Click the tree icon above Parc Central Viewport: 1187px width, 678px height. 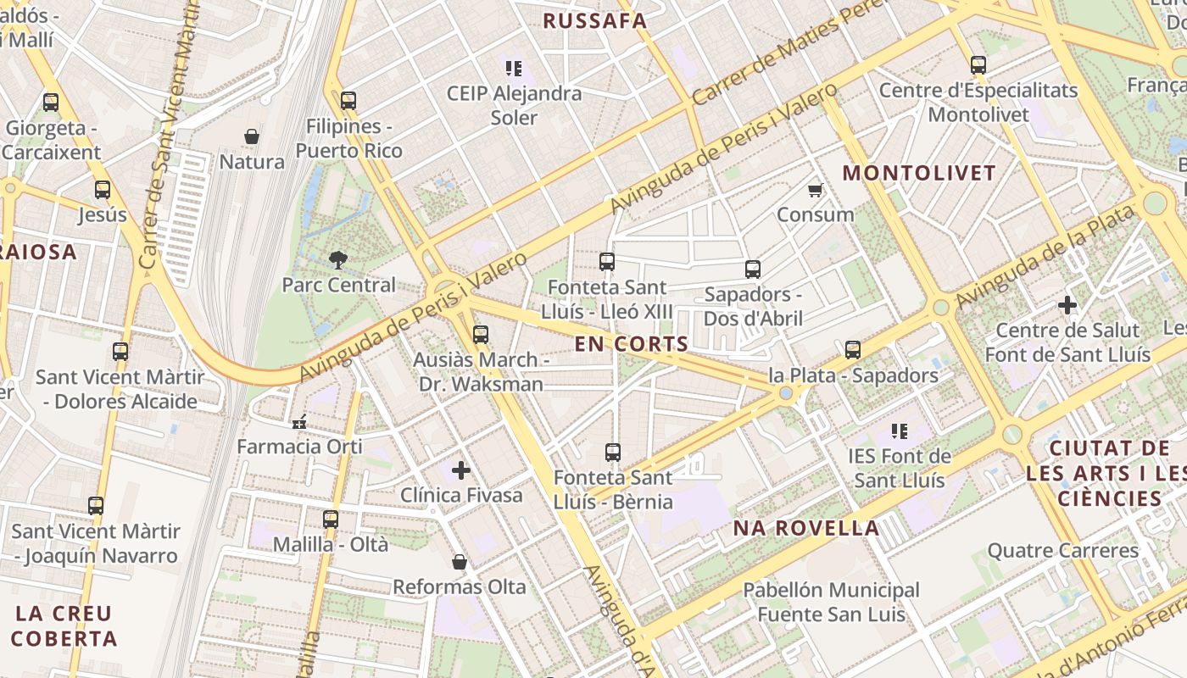click(338, 259)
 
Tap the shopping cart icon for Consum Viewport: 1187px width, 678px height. click(815, 190)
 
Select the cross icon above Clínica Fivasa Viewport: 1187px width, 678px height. click(461, 470)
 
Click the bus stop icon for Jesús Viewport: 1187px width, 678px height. click(103, 190)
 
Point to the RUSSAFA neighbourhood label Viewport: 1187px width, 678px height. click(594, 21)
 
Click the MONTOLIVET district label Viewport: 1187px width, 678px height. click(919, 173)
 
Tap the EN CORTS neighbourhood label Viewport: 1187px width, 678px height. click(631, 344)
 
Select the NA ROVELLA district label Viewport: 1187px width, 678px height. click(806, 528)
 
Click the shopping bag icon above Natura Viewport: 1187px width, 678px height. click(252, 136)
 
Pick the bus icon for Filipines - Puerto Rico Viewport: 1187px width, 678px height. click(348, 101)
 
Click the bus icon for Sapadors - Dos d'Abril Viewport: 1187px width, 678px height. click(753, 270)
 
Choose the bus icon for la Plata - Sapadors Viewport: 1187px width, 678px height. click(853, 350)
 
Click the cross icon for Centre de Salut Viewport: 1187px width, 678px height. click(1067, 305)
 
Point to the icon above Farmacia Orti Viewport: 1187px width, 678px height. click(299, 422)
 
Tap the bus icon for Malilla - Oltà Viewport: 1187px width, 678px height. click(331, 520)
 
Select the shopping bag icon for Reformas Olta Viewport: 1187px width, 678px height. click(460, 562)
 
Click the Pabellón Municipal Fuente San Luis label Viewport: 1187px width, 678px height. click(831, 602)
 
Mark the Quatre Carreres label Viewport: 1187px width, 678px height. click(1063, 551)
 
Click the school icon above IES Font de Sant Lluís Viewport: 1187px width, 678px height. click(900, 431)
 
